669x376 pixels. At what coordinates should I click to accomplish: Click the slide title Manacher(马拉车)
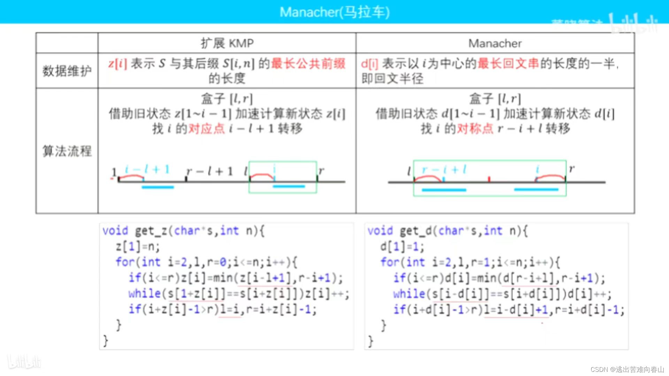coord(334,12)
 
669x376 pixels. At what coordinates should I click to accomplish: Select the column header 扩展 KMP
coord(227,43)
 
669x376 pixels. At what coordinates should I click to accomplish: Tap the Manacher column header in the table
coord(495,43)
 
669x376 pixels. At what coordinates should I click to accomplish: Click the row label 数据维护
coord(67,71)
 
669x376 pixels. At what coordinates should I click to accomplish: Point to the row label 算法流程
coord(67,151)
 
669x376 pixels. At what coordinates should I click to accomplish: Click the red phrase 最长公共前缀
coord(308,64)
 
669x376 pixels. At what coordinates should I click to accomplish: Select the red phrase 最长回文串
coord(508,64)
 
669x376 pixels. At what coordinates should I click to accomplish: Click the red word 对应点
coord(206,129)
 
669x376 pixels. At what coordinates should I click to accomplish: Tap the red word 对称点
coord(475,129)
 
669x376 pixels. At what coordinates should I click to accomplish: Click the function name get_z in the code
coord(151,231)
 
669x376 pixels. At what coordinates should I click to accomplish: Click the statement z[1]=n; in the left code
coord(138,246)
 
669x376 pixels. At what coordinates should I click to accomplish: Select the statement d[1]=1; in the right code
coord(402,247)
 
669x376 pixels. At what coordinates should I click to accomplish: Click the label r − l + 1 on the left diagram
coord(209,171)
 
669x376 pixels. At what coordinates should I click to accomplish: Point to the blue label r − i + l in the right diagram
coord(444,170)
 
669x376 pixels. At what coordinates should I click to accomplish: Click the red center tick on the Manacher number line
coord(489,179)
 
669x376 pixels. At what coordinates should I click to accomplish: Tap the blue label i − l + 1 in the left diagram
coord(147,170)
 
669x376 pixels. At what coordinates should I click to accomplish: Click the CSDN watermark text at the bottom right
coord(627,369)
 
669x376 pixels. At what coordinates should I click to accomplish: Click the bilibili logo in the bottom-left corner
coord(24,362)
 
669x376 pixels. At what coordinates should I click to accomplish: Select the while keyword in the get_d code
coord(409,294)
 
